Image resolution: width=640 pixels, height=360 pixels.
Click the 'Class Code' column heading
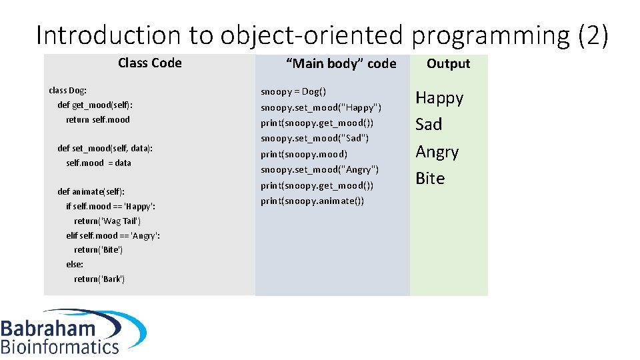149,63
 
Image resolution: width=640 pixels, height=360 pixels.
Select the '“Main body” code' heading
341,64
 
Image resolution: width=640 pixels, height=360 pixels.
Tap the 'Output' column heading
448,64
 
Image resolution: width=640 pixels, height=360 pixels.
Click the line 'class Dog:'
68,90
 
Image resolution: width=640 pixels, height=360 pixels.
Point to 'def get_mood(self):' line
99,105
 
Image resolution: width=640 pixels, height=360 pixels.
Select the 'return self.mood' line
98,119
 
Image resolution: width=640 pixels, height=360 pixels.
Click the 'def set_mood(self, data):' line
105,148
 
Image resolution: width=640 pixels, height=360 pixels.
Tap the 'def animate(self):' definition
91,191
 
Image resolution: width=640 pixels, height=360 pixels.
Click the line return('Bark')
99,279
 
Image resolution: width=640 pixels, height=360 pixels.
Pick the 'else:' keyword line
75,264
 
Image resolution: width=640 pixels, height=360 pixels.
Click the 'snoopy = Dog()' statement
293,91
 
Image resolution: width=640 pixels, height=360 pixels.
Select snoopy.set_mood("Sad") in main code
315,138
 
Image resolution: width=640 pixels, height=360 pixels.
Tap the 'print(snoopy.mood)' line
304,154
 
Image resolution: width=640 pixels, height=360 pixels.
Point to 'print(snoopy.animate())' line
313,201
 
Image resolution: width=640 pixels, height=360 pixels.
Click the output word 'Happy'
439,98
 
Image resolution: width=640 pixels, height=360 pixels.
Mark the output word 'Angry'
437,152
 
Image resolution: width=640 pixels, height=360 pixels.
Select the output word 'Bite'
430,179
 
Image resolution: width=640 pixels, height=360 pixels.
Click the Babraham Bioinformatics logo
72,331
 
